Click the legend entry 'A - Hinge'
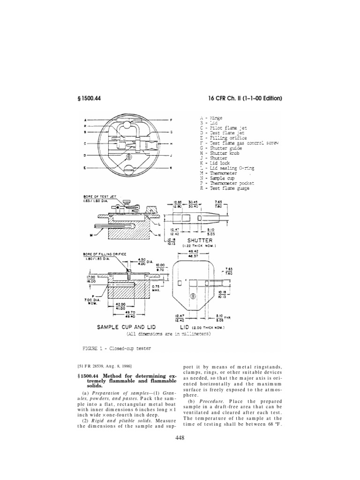coord(212,118)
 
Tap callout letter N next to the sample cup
coord(161,235)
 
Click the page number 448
coord(180,438)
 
